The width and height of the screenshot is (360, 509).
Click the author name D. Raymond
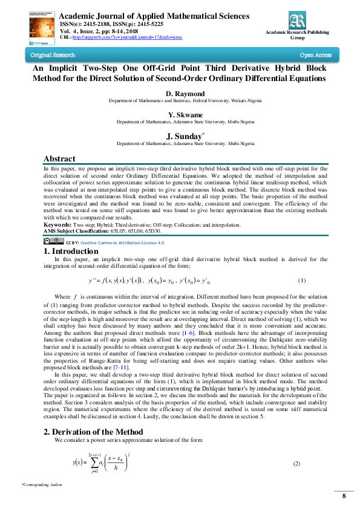[185, 94]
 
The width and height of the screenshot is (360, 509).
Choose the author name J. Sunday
[184, 136]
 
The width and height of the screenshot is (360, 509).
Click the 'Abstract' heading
[60, 159]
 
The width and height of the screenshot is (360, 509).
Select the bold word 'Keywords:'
[57, 225]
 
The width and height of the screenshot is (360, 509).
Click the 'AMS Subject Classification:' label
[76, 231]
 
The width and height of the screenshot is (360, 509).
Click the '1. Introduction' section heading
[71, 251]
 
